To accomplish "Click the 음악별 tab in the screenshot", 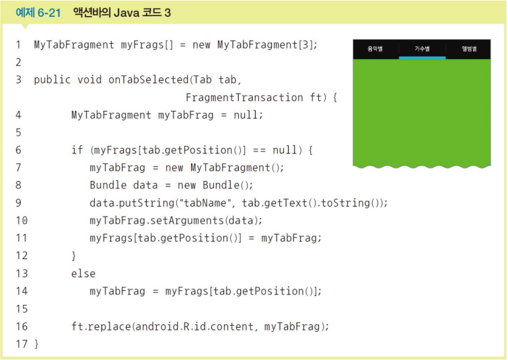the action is (x=375, y=49).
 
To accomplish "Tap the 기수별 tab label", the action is (x=422, y=49).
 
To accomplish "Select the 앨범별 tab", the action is (x=469, y=49).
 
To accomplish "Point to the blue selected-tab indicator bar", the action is (x=422, y=58).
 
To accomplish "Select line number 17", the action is (x=22, y=344).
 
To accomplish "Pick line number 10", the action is (x=22, y=220).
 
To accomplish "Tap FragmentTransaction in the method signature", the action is (x=244, y=98).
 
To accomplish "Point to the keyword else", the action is (x=83, y=273).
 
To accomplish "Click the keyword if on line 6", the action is (x=77, y=150).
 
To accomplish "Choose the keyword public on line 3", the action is (x=52, y=79).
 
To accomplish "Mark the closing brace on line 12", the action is (x=74, y=256).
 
